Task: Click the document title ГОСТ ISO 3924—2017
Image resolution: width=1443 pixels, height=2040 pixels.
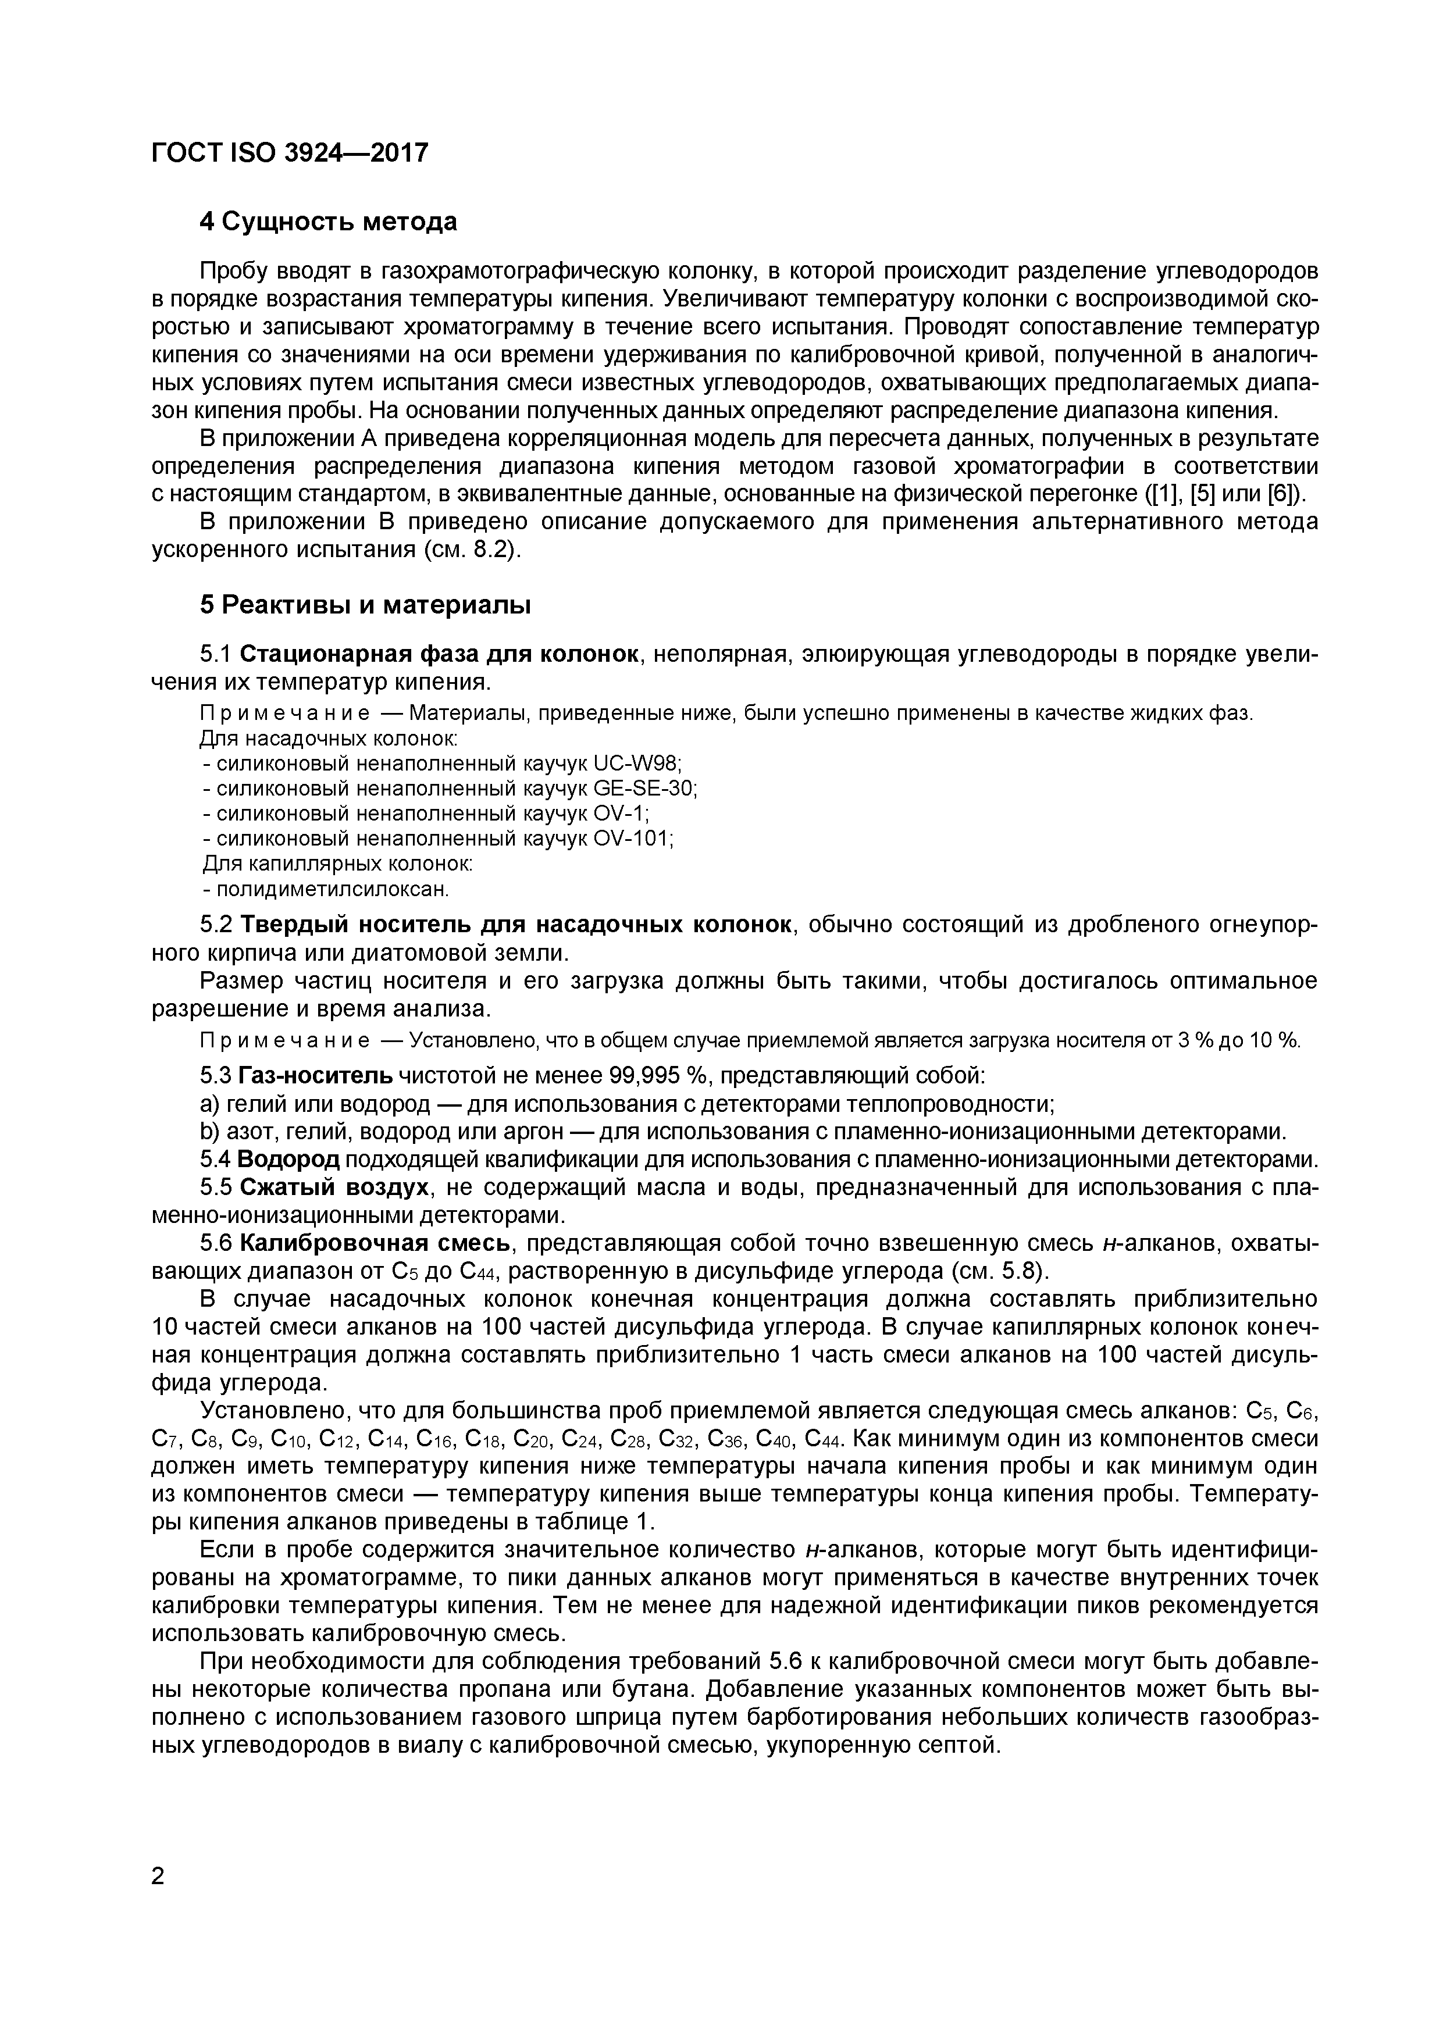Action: point(290,154)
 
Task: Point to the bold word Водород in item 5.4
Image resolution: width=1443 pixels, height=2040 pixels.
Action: point(289,1160)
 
